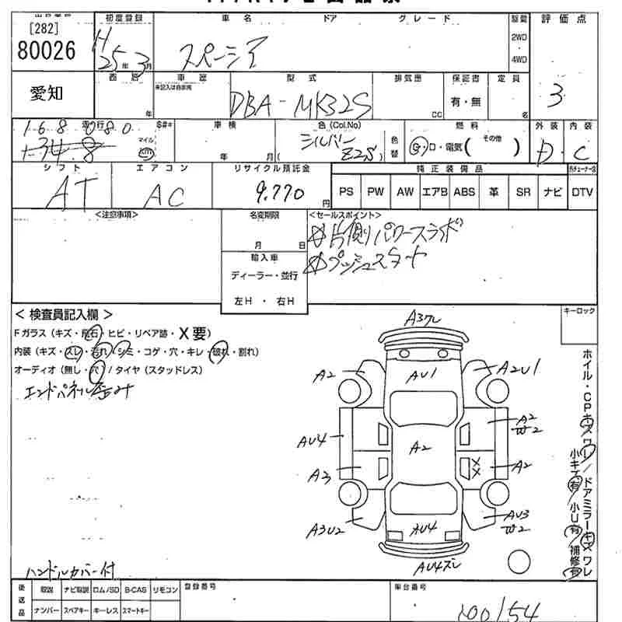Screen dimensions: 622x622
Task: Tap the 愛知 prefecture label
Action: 47,95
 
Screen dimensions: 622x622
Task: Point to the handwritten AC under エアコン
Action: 165,195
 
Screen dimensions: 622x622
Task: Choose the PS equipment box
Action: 347,192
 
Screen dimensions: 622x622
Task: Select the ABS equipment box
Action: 464,192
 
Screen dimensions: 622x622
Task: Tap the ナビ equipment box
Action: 553,192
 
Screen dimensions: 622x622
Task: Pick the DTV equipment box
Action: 582,192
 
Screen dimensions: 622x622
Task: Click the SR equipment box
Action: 523,192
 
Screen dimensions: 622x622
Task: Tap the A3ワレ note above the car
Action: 424,317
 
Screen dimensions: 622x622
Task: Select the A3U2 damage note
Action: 326,530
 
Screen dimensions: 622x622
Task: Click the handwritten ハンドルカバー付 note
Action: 70,570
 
